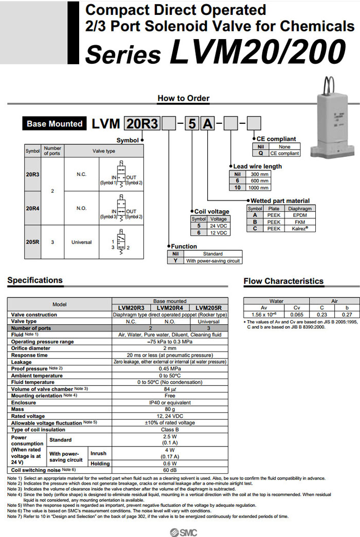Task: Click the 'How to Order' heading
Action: click(184, 98)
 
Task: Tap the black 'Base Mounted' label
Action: click(54, 124)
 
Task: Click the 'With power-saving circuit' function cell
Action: click(213, 261)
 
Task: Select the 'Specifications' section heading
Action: click(35, 280)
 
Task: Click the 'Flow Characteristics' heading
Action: click(283, 281)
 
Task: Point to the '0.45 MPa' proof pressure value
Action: click(169, 368)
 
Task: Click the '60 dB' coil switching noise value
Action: click(169, 470)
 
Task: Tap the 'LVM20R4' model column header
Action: click(169, 308)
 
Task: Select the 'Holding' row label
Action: click(100, 463)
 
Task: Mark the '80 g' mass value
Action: click(169, 409)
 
